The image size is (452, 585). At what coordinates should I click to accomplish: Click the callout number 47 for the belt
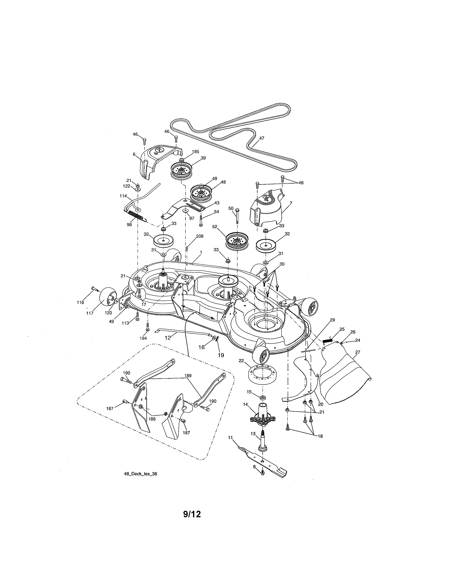tap(262, 138)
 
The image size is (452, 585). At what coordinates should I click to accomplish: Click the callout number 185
tap(196, 152)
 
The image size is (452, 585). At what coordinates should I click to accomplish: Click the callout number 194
tap(143, 338)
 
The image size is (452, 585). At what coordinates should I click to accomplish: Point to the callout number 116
tap(80, 302)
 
